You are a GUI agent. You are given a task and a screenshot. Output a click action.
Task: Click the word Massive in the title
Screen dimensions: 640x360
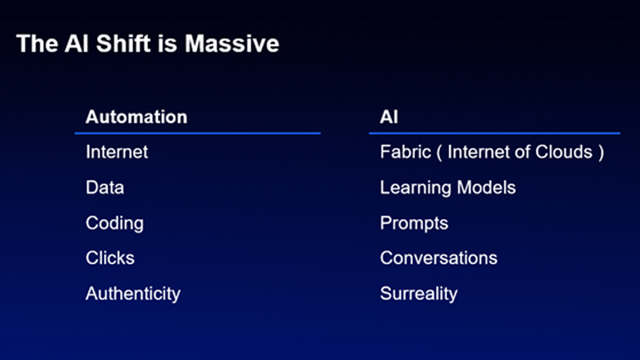[232, 43]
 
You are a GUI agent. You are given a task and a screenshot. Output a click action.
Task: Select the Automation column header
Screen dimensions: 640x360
[136, 117]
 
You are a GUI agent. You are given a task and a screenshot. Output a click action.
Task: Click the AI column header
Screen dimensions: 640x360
[389, 117]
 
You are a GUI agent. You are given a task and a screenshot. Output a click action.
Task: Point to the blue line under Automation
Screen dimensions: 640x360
[197, 133]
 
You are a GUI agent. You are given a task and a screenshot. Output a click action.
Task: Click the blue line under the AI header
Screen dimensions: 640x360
[494, 133]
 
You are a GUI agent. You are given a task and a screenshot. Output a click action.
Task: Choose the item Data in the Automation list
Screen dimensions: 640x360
[105, 188]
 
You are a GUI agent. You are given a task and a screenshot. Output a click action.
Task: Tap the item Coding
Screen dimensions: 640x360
[115, 224]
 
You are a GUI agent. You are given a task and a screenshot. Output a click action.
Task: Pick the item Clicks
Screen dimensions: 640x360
[110, 258]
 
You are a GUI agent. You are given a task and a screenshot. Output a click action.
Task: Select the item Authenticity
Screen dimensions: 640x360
[133, 294]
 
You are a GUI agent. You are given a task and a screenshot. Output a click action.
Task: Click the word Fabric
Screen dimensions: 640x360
[405, 152]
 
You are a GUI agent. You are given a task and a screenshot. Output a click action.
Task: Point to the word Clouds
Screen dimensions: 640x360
[564, 152]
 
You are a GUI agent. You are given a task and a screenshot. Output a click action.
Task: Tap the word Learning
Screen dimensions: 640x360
[416, 188]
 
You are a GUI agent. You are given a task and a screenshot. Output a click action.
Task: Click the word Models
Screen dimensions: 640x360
[487, 188]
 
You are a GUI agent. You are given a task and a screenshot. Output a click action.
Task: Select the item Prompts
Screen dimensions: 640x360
[414, 224]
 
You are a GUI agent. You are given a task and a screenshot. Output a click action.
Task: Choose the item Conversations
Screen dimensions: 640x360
[439, 258]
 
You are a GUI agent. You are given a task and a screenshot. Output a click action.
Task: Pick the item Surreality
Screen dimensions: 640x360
[419, 294]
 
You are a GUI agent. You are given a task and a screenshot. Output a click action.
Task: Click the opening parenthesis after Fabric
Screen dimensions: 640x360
[439, 153]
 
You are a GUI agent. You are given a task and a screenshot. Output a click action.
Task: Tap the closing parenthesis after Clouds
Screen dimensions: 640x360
[601, 153]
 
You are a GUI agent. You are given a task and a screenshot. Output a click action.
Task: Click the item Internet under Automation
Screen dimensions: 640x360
[117, 152]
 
